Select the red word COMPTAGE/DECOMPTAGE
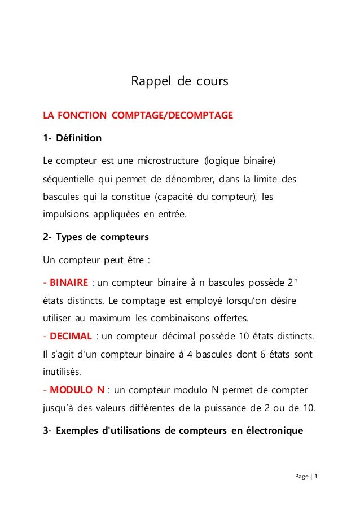coord(172,116)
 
